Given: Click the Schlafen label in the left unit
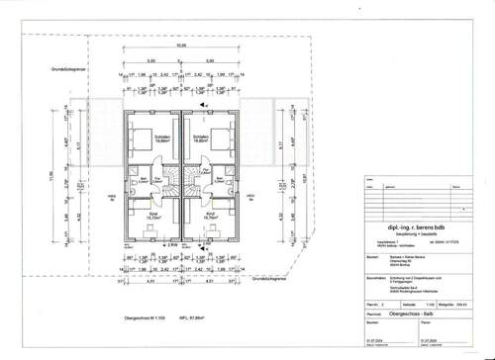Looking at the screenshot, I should point(162,137).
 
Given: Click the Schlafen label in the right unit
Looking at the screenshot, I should point(199,137).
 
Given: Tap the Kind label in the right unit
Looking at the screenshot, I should point(210,212).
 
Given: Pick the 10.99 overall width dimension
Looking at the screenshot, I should point(180,45).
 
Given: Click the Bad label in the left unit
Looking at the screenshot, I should point(143,179).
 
